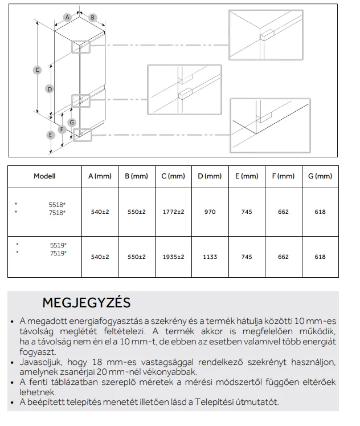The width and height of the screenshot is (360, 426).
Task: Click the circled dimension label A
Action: pos(67,18)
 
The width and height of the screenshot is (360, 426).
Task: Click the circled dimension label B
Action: pos(92,18)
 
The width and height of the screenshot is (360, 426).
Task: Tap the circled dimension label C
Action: pos(37,70)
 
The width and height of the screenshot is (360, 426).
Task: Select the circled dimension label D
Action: pos(50,88)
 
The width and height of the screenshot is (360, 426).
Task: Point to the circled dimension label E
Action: pos(51,135)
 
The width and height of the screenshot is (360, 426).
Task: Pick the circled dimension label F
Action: pos(62,129)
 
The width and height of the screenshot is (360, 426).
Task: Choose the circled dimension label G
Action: pos(72,122)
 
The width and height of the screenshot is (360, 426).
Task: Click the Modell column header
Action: pos(44,177)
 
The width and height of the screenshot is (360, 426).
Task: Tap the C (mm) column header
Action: pos(173,177)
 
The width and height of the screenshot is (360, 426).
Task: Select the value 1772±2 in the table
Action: pos(173,212)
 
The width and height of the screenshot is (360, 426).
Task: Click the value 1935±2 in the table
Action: pos(173,257)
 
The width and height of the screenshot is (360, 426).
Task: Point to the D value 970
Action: pos(210,212)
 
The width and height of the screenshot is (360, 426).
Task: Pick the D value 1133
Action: pos(210,257)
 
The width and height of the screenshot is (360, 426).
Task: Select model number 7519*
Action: pos(58,253)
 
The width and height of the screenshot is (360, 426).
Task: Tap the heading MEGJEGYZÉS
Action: pos(87,302)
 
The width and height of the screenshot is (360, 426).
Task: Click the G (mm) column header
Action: pos(320,177)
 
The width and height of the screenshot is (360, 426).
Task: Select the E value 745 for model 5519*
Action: pos(247,257)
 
